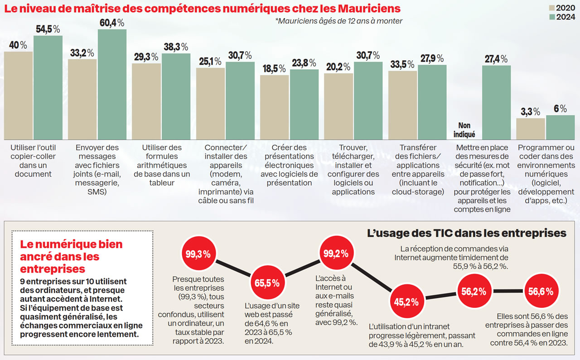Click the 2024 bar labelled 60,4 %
[x=112, y=85]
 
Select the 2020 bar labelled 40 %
[x=18, y=96]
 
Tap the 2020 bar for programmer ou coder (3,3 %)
[x=531, y=129]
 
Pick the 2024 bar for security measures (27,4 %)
[x=496, y=102]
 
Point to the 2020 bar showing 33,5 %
[x=403, y=105]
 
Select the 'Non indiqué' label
[x=464, y=130]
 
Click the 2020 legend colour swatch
[x=552, y=8]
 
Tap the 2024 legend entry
[x=564, y=17]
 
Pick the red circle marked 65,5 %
[x=267, y=283]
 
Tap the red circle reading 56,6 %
[x=540, y=292]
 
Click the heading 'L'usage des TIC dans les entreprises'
[x=466, y=233]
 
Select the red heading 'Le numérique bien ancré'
[x=72, y=256]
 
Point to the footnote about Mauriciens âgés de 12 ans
[x=338, y=21]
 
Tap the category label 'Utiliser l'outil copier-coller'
[x=33, y=160]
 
